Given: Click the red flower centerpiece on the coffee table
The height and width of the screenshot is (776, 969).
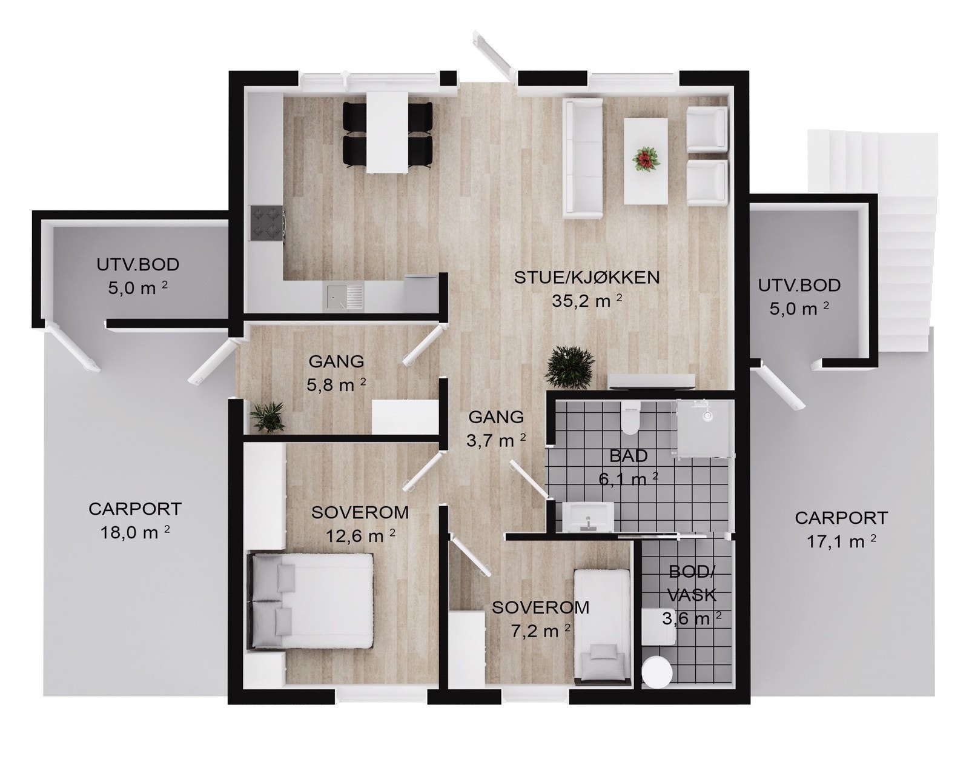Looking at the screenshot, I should (644, 160).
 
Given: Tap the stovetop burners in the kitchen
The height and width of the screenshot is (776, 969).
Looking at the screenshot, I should (267, 222).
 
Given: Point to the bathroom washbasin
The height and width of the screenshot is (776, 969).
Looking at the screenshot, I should (587, 517).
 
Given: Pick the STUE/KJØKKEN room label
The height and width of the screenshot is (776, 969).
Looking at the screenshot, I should (586, 278).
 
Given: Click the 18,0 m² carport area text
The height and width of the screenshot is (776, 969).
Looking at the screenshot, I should (135, 532).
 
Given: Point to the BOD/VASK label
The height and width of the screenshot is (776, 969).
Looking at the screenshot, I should (692, 583).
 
